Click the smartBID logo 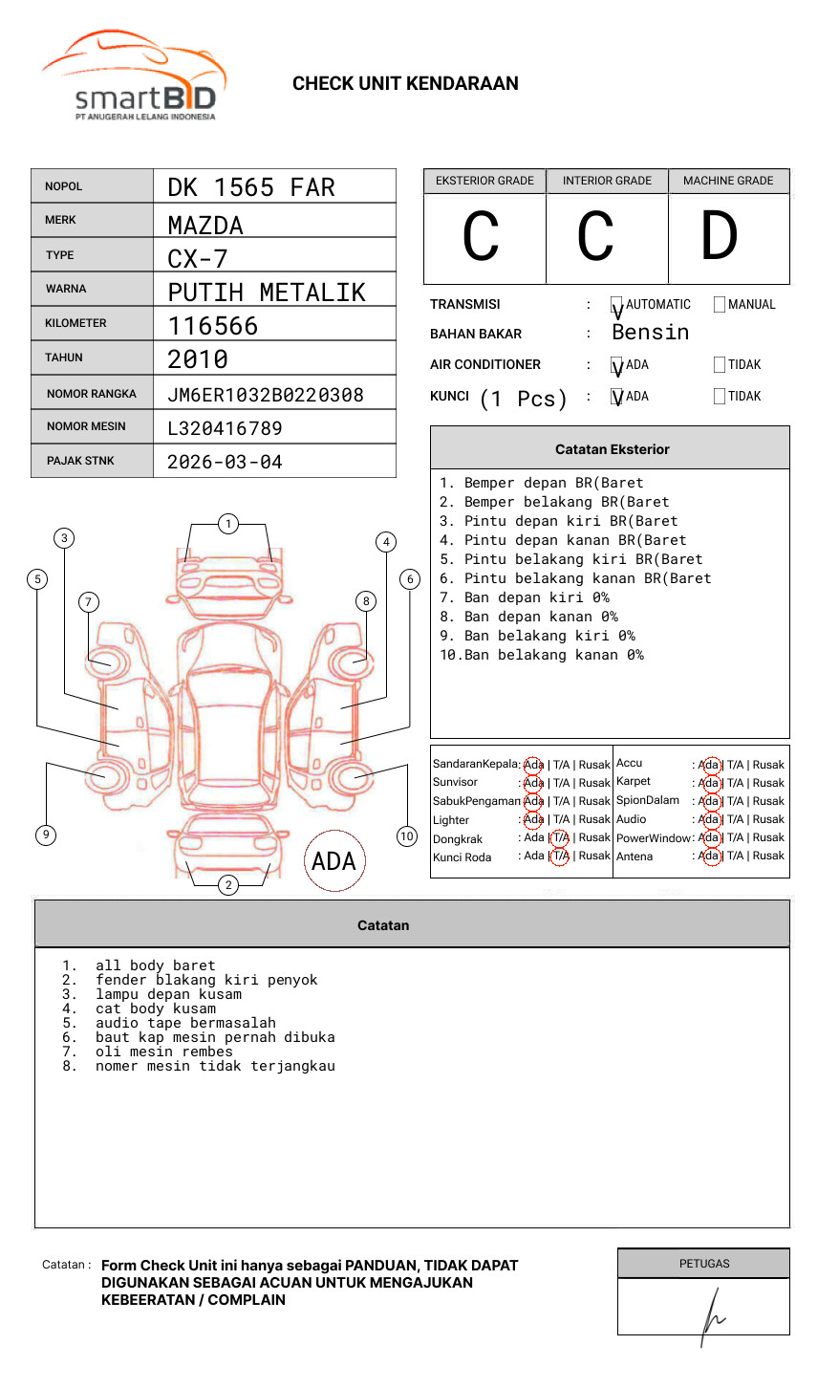134,77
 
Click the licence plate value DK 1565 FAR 251,187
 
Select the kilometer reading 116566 213,326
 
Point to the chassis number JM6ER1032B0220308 266,395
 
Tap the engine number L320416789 225,428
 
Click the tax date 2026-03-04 225,462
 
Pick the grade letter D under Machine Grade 720,237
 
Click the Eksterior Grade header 484,181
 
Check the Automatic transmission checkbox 617,305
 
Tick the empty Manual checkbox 720,305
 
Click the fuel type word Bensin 650,333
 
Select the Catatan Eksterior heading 612,449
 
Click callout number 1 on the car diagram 227,524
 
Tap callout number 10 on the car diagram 407,836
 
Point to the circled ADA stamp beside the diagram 333,861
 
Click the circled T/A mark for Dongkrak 560,837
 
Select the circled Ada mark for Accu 709,765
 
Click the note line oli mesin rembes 164,1052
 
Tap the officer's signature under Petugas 711,1315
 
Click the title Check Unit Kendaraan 405,84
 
